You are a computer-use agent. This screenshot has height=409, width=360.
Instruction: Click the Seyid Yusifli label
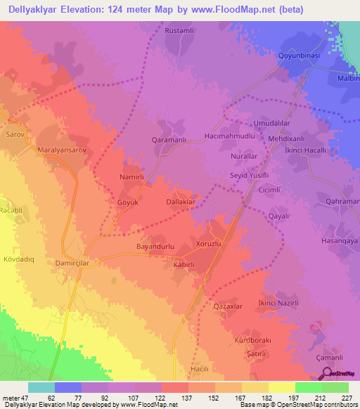point(250,176)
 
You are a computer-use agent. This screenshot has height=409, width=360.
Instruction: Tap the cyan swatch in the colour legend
point(41,387)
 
